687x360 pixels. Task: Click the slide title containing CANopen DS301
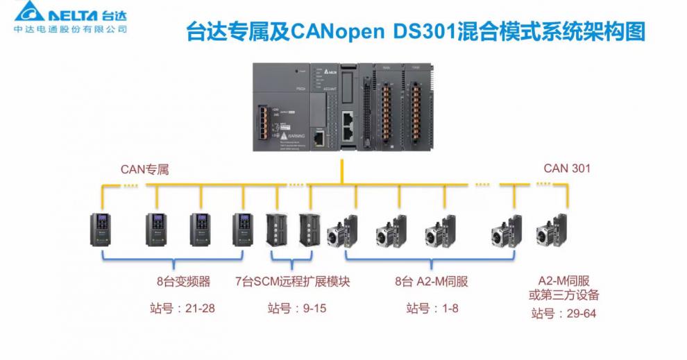tap(416, 32)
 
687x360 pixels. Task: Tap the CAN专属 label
tap(144, 169)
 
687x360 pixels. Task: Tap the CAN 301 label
tap(567, 168)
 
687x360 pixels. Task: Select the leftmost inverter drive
tap(101, 228)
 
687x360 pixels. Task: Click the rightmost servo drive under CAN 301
tap(554, 229)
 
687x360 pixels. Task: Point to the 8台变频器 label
tap(183, 282)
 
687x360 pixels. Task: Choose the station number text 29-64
tap(563, 314)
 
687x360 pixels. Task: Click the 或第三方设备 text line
tap(564, 295)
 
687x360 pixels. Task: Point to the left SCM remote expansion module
tap(277, 230)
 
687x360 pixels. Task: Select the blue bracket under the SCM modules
tap(292, 262)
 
